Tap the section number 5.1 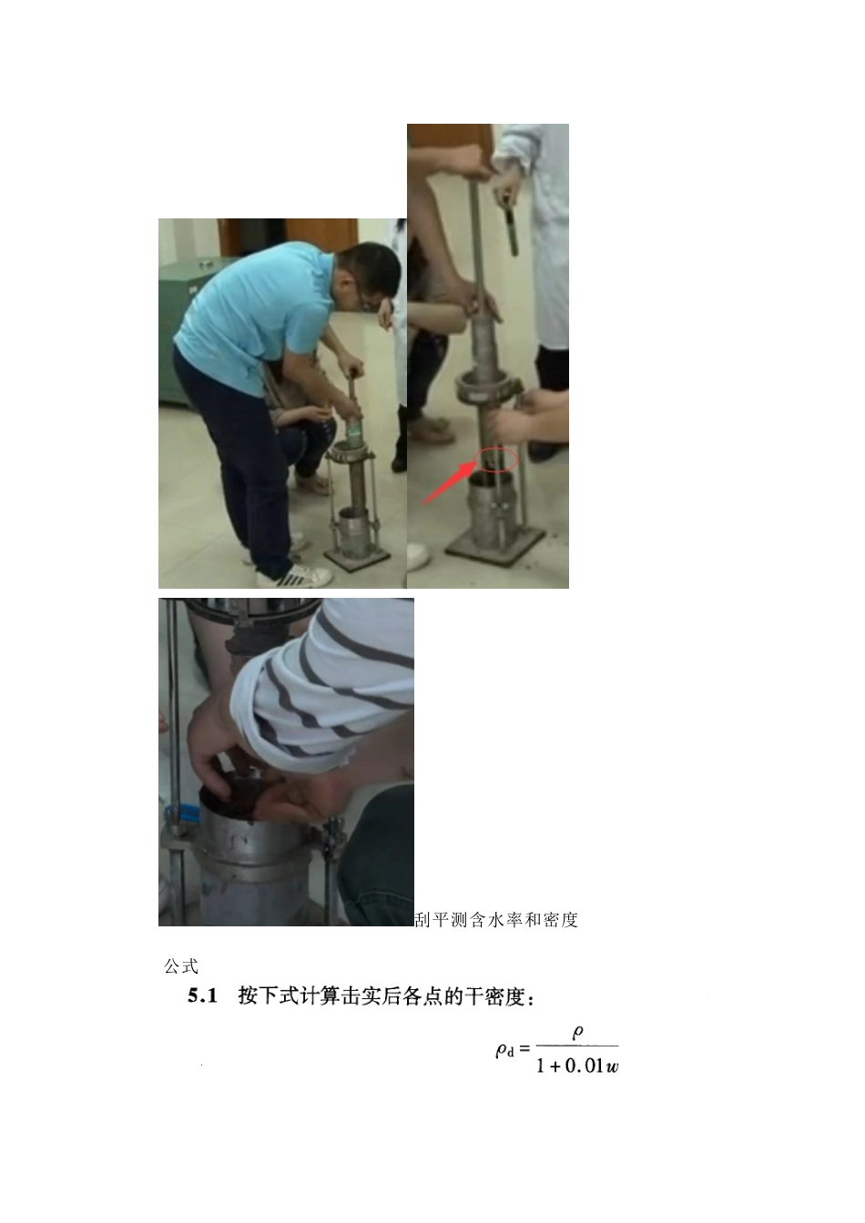pyautogui.click(x=202, y=996)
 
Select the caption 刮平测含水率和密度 pyautogui.click(x=496, y=920)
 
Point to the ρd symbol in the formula pyautogui.click(x=504, y=1050)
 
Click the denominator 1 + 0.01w pyautogui.click(x=577, y=1066)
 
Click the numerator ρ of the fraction pyautogui.click(x=577, y=1033)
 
